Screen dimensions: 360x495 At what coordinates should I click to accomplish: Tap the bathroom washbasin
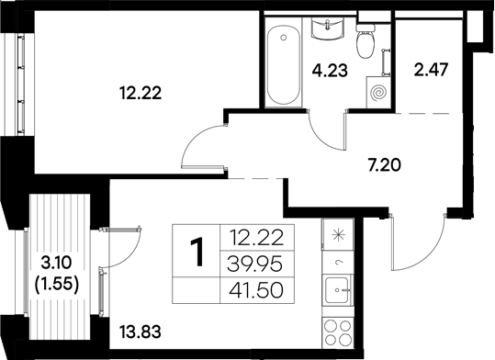coord(326,31)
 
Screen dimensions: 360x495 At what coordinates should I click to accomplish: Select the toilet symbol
coord(365,42)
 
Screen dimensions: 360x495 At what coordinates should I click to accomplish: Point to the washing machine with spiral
coord(377,92)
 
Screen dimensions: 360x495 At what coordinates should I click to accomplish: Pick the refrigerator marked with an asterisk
coord(336,236)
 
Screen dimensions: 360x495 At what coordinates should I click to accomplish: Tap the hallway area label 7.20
coord(384,167)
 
